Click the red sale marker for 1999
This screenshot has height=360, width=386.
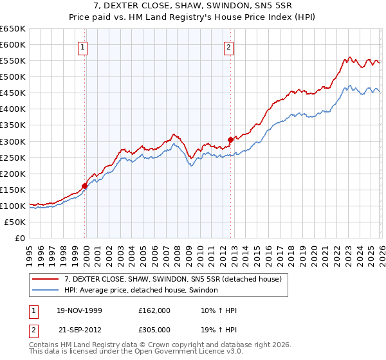coord(84,186)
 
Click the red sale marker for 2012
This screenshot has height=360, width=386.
coord(230,139)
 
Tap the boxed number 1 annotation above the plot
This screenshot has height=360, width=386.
coord(84,46)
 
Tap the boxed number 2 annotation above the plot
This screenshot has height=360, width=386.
coord(229,46)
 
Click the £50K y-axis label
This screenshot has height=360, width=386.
coord(15,222)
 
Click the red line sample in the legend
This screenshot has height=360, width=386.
coord(46,279)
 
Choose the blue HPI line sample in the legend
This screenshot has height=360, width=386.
coord(46,291)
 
